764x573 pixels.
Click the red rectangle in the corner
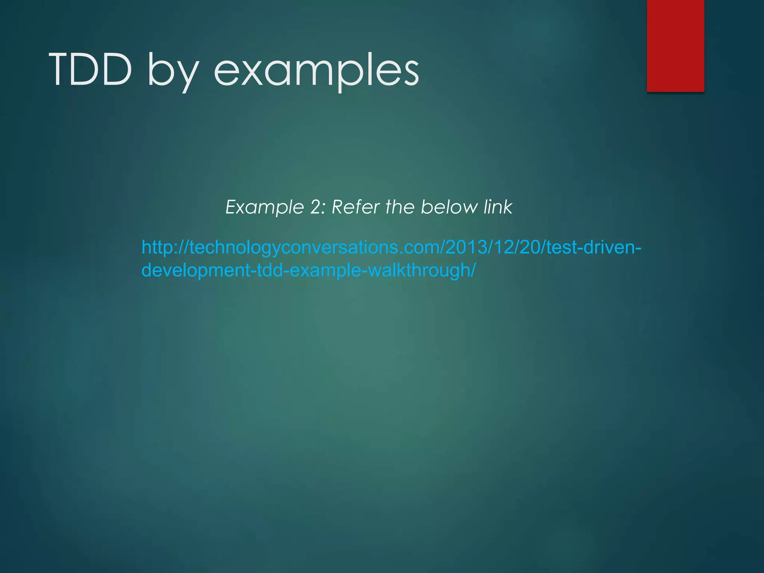coord(675,46)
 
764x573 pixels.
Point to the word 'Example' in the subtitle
coord(265,207)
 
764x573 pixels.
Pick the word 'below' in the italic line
coord(449,207)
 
